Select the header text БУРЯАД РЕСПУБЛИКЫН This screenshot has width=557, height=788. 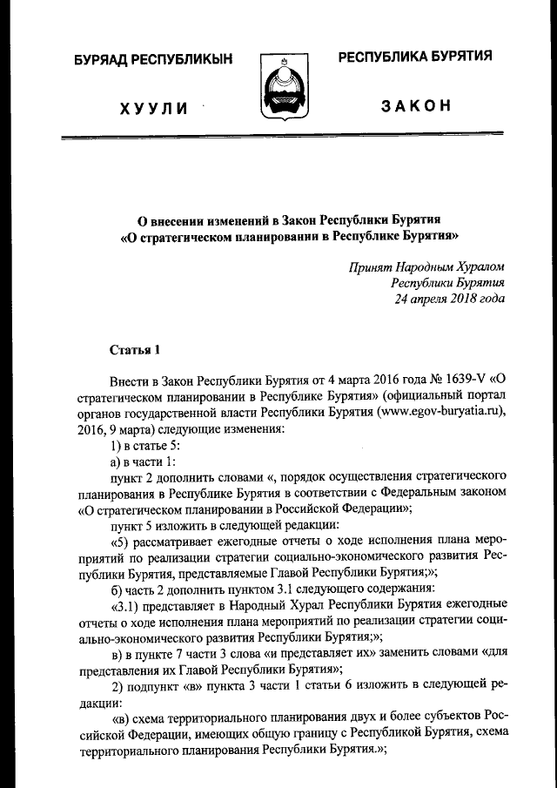pyautogui.click(x=154, y=59)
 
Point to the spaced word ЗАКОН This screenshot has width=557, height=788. pyautogui.click(x=415, y=106)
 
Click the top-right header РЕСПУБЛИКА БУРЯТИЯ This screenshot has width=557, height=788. pyautogui.click(x=415, y=57)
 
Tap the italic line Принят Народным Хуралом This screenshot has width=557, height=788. pyautogui.click(x=426, y=266)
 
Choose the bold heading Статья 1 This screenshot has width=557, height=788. pyautogui.click(x=135, y=351)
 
